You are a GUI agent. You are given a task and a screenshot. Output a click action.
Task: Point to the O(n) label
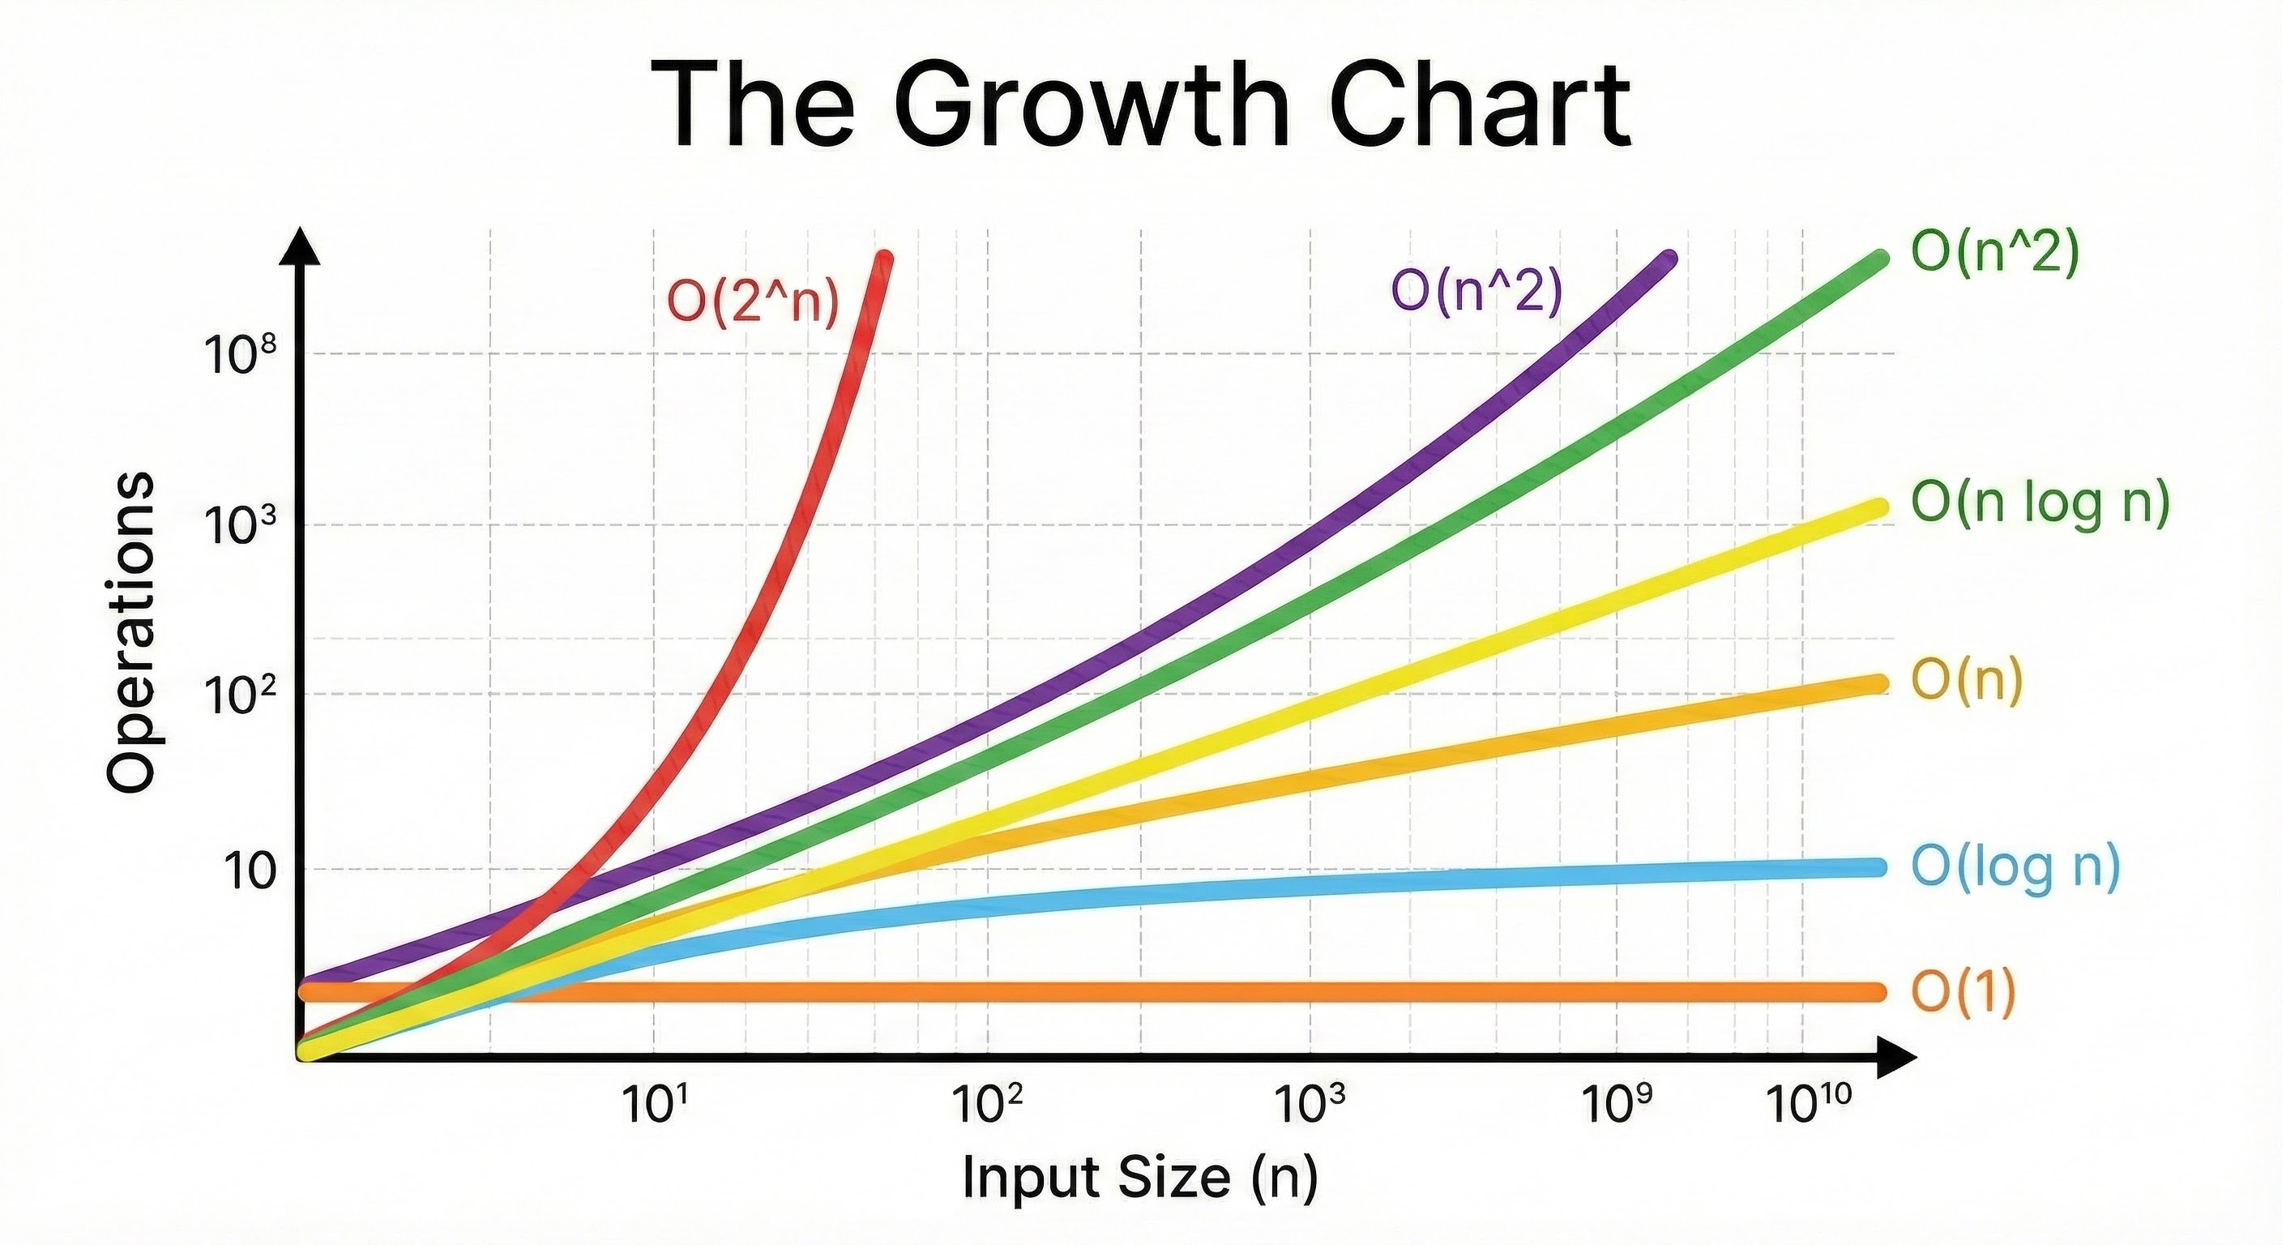(x=1967, y=681)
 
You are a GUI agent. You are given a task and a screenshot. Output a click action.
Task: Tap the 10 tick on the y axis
(x=248, y=871)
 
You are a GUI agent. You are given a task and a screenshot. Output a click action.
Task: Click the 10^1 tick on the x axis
(x=655, y=1105)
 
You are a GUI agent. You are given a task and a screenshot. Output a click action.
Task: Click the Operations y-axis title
(x=131, y=631)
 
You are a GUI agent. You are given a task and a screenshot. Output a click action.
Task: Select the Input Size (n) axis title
(x=1140, y=1177)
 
